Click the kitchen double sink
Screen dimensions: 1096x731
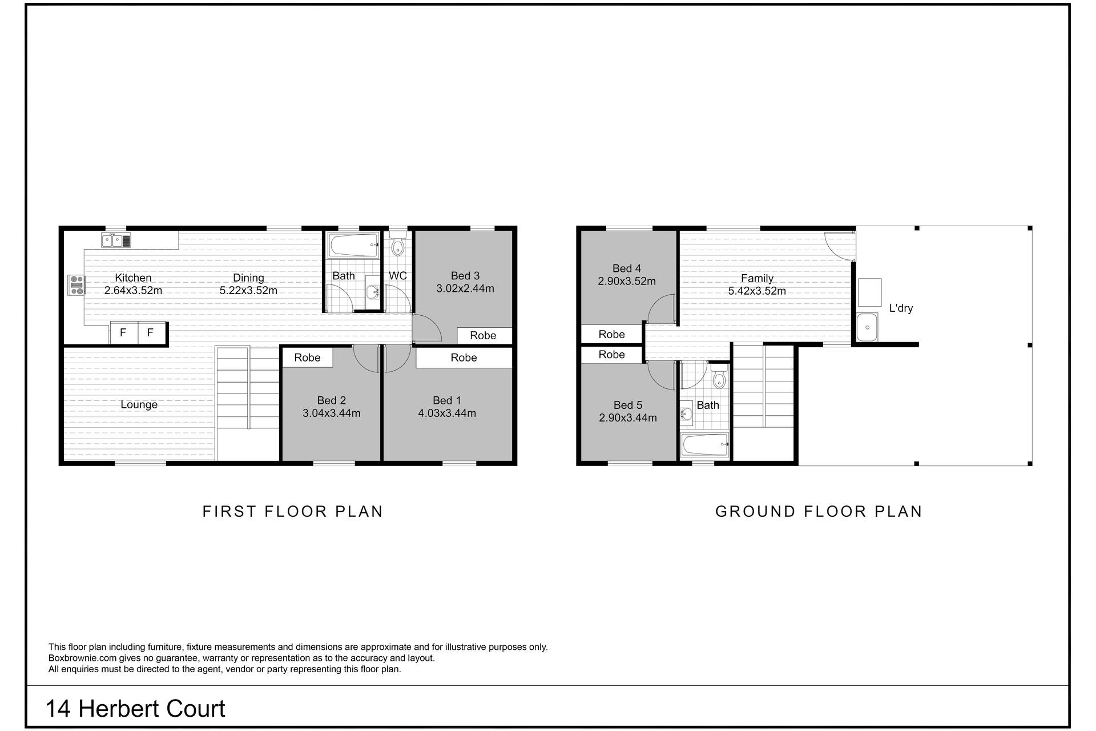click(x=116, y=240)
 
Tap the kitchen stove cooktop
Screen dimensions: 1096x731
click(x=76, y=285)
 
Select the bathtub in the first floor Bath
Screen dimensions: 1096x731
click(x=353, y=245)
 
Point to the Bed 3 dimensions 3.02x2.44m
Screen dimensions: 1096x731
click(x=465, y=288)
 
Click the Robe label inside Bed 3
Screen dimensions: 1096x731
click(x=483, y=336)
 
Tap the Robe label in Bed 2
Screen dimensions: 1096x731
click(x=307, y=358)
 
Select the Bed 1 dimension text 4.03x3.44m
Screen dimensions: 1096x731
click(x=447, y=413)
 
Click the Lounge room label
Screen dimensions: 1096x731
click(x=139, y=405)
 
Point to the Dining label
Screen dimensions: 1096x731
click(x=248, y=278)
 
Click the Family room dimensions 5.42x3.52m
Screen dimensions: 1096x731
click(x=757, y=291)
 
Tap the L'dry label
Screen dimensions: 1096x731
click(x=901, y=308)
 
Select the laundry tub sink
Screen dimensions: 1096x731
click(x=867, y=327)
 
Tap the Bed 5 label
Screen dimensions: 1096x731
click(x=627, y=405)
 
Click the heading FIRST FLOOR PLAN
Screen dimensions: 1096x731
click(x=293, y=511)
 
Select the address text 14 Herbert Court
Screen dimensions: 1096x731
click(x=135, y=709)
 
